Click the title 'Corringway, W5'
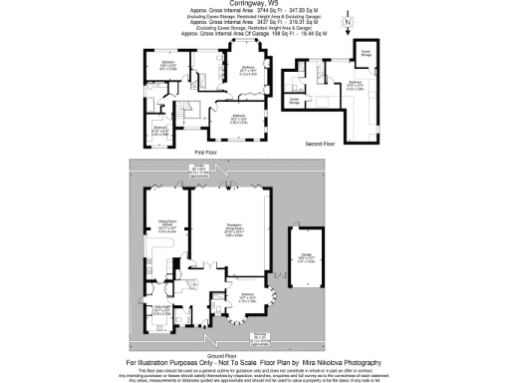pos(255,5)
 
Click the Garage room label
pos(307,256)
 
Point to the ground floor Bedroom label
pos(255,296)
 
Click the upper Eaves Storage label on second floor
pos(366,51)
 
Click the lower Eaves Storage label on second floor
pos(295,100)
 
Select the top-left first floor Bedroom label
pos(168,66)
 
